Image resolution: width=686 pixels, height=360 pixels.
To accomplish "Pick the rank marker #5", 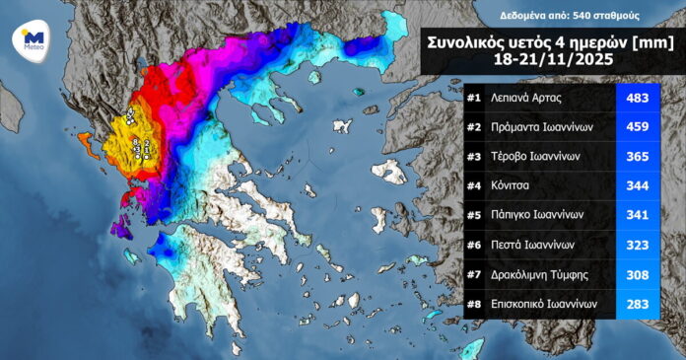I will click(474, 216).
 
